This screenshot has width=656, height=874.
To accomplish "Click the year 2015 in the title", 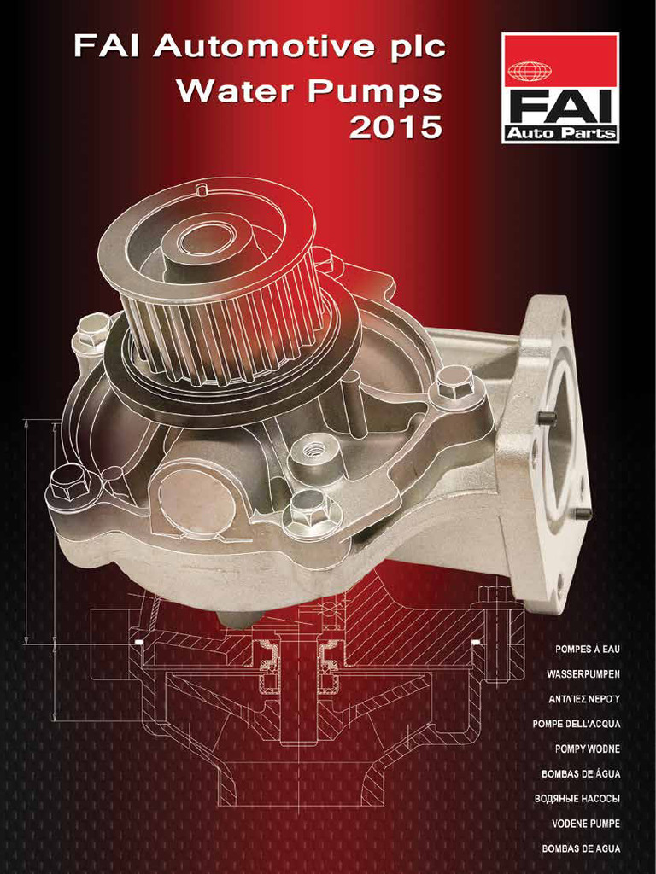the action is click(395, 127).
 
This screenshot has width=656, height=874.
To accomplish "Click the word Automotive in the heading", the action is click(264, 47).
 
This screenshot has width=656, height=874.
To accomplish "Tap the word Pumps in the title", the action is click(376, 91).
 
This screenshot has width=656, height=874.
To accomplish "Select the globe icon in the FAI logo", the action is click(530, 72).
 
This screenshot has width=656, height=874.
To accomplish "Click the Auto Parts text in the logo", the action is click(560, 133).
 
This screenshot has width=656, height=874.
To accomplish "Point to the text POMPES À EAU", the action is click(587, 650).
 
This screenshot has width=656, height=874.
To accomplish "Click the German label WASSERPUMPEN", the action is click(583, 674).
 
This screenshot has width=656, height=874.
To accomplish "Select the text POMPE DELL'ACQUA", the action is click(576, 724).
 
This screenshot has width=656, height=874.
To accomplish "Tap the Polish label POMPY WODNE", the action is click(587, 749).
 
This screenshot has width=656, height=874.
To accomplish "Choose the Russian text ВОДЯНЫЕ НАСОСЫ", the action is click(577, 798).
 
